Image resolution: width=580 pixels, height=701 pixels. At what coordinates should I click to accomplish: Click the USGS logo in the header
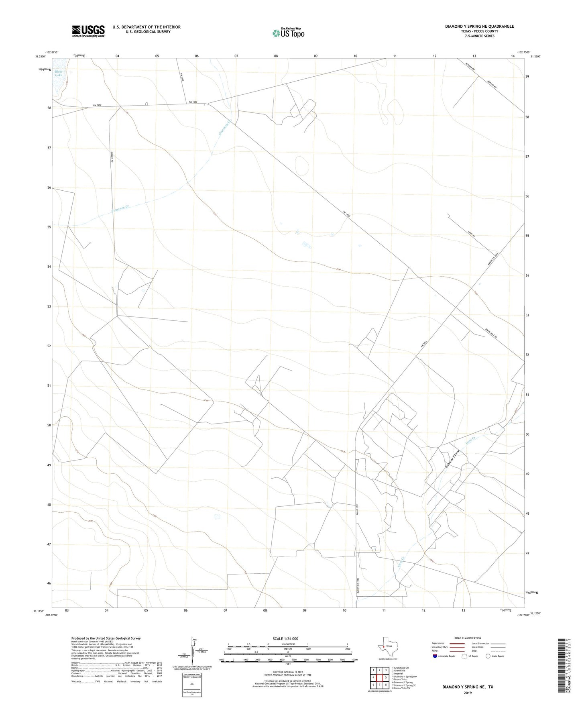[88, 31]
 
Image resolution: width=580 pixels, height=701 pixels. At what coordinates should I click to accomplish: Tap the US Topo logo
[288, 33]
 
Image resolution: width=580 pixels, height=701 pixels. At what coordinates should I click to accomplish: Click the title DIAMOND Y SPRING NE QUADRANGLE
[479, 26]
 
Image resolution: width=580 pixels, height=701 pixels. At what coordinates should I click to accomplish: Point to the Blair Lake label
[59, 73]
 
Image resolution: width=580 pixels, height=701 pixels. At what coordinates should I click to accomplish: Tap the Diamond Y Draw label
[452, 459]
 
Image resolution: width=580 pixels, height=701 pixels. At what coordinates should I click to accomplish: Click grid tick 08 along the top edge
[276, 56]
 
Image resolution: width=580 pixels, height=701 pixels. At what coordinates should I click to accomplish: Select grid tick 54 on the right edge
[527, 276]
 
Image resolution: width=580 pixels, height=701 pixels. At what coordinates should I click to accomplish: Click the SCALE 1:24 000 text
[285, 638]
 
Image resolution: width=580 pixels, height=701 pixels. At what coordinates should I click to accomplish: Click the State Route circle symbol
[488, 656]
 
